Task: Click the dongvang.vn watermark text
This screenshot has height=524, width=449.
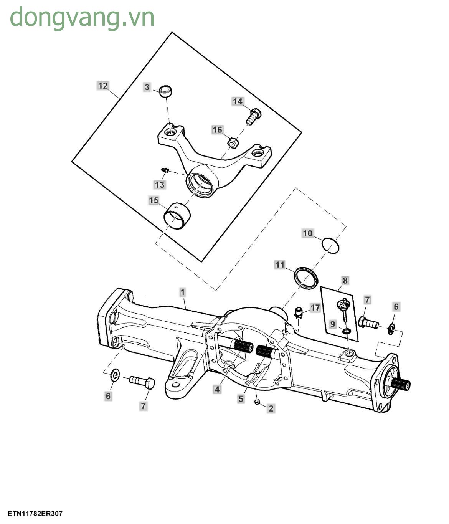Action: click(x=82, y=17)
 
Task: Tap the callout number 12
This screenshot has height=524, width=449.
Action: click(x=103, y=86)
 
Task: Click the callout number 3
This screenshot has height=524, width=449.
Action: click(x=147, y=87)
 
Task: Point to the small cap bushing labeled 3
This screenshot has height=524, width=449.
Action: click(x=166, y=91)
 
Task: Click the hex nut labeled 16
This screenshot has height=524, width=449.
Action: click(x=233, y=143)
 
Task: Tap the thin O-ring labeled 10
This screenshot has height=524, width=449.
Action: click(x=330, y=245)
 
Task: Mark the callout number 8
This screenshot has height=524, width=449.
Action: click(x=345, y=281)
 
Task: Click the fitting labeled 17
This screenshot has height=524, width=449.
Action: click(x=299, y=313)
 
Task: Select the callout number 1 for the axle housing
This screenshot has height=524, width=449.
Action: click(x=183, y=293)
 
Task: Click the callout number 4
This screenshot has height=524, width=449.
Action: click(x=217, y=389)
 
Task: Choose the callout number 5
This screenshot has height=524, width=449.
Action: click(x=241, y=399)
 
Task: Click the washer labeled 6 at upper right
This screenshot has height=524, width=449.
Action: click(x=391, y=329)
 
